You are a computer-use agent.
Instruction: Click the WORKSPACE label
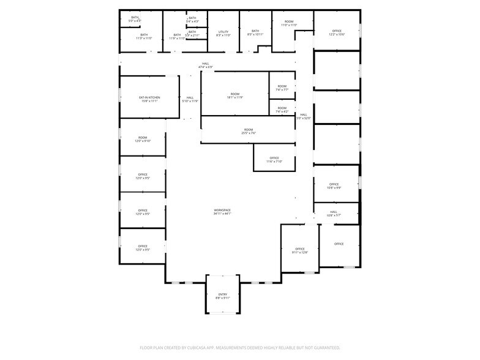[222, 210]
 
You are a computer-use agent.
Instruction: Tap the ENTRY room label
[222, 294]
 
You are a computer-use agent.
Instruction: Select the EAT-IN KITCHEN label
[149, 98]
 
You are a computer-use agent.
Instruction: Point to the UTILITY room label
[223, 32]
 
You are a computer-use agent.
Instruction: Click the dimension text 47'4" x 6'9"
[206, 67]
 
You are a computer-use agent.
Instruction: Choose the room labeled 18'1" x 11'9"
[235, 96]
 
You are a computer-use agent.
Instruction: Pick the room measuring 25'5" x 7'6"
[249, 131]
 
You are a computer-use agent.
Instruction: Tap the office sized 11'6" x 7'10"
[274, 160]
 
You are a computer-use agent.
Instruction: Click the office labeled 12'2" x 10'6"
[337, 33]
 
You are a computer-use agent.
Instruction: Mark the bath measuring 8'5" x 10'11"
[255, 33]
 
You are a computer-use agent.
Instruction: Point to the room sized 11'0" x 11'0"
[289, 23]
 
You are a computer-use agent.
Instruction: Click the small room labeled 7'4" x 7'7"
[282, 88]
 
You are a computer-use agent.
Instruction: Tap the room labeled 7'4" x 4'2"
[282, 110]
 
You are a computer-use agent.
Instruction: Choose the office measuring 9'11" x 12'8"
[300, 250]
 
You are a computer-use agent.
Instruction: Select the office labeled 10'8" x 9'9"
[334, 186]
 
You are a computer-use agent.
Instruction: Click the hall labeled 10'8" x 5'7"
[334, 214]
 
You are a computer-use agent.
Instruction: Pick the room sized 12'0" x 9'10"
[143, 139]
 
